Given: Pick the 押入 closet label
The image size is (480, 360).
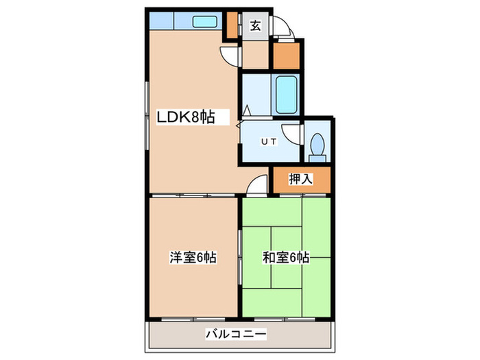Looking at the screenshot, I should point(300,180).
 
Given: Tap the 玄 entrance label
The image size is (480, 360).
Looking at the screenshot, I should point(254,26).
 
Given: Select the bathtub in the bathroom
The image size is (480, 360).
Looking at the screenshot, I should point(285,95).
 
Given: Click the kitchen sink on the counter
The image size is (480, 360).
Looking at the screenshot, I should point(204,21).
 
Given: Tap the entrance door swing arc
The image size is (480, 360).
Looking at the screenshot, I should point(283,29).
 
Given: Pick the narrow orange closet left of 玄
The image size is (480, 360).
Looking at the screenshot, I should point(232,24).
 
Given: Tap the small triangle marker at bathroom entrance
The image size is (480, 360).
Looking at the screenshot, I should point(245,108).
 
